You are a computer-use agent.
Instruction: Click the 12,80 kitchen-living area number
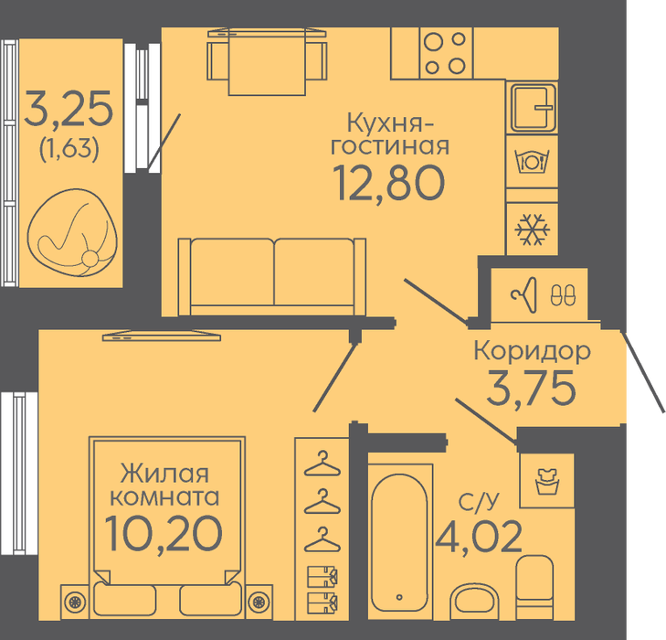click(390, 183)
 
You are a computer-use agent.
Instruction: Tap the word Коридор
click(532, 352)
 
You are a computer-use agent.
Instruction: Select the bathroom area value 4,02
click(479, 538)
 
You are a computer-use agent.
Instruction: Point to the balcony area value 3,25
click(69, 109)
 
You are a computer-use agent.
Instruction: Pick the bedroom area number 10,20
click(164, 533)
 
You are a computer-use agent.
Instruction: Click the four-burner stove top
click(446, 53)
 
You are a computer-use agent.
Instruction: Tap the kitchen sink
click(533, 107)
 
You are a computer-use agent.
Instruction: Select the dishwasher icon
click(532, 162)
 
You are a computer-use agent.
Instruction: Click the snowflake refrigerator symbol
click(532, 229)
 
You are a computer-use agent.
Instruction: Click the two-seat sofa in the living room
click(272, 277)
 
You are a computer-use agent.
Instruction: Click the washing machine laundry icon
click(547, 482)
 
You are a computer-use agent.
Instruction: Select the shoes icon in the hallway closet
click(563, 294)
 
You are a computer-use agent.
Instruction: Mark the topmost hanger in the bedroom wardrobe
click(322, 464)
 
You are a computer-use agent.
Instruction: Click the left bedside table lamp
click(74, 602)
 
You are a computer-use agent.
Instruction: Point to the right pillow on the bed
click(211, 600)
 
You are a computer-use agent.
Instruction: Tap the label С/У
click(479, 501)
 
